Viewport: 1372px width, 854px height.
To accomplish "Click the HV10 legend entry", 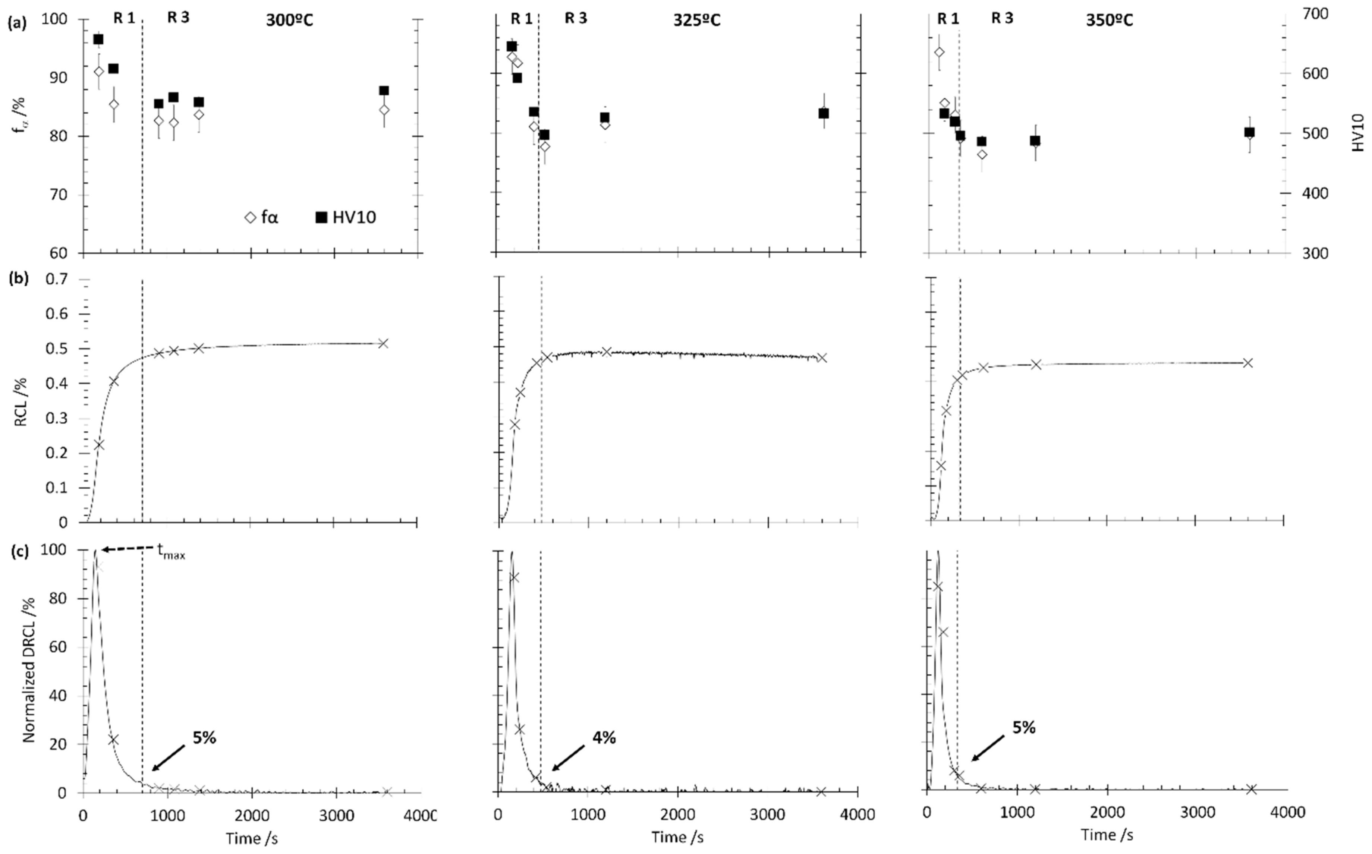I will click(x=346, y=217).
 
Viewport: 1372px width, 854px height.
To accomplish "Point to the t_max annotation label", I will click(x=171, y=552).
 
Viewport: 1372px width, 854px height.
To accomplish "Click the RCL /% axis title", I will click(x=21, y=401).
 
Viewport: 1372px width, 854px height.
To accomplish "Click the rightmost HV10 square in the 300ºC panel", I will click(x=384, y=90).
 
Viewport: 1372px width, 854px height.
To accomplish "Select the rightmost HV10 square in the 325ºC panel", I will click(x=824, y=114).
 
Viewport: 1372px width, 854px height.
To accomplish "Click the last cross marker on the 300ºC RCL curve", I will click(x=384, y=343).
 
